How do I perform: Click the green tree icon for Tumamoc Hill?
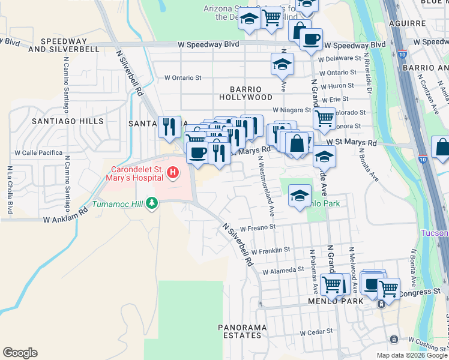coord(152,203)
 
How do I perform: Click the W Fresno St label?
coord(258,228)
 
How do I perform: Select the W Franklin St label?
coord(271,250)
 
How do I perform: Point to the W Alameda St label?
coord(279,271)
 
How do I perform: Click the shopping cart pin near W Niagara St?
coord(324,118)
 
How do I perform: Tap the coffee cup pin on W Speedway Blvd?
coord(310,40)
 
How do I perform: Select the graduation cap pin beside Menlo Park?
coord(300,195)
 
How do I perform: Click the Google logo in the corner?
coord(20,353)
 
